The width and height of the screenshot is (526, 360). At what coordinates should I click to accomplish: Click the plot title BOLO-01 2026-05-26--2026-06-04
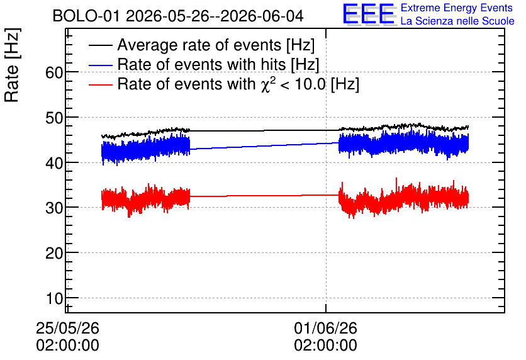click(178, 16)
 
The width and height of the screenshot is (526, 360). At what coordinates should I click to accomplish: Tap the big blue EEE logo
click(369, 14)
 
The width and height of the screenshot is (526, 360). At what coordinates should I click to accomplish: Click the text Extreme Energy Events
click(457, 8)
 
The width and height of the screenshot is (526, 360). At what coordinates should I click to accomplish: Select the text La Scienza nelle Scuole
click(457, 21)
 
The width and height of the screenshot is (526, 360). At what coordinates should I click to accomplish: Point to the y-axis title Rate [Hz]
click(12, 65)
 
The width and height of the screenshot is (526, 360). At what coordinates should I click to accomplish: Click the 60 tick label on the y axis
click(54, 72)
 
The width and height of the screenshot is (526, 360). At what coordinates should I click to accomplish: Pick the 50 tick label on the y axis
click(54, 118)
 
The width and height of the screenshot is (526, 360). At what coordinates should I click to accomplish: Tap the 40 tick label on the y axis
click(54, 163)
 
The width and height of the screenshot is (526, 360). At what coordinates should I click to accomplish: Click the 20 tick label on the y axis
click(54, 253)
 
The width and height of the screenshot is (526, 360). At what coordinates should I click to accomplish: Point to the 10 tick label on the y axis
click(54, 298)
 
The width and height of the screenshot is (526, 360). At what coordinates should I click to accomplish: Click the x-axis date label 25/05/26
click(67, 328)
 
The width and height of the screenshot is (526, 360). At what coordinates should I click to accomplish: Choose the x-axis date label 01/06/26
click(326, 328)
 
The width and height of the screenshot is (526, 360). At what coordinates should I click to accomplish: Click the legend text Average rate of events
click(199, 45)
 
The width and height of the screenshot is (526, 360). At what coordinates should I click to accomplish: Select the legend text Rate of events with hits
click(201, 64)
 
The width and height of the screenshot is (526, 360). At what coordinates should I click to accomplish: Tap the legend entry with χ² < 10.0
click(238, 84)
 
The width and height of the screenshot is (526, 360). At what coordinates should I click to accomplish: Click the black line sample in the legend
click(100, 45)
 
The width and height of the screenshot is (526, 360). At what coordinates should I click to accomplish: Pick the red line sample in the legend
click(100, 84)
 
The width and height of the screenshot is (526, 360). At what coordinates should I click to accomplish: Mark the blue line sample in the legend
click(100, 65)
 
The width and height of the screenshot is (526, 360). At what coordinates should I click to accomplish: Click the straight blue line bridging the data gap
click(264, 146)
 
